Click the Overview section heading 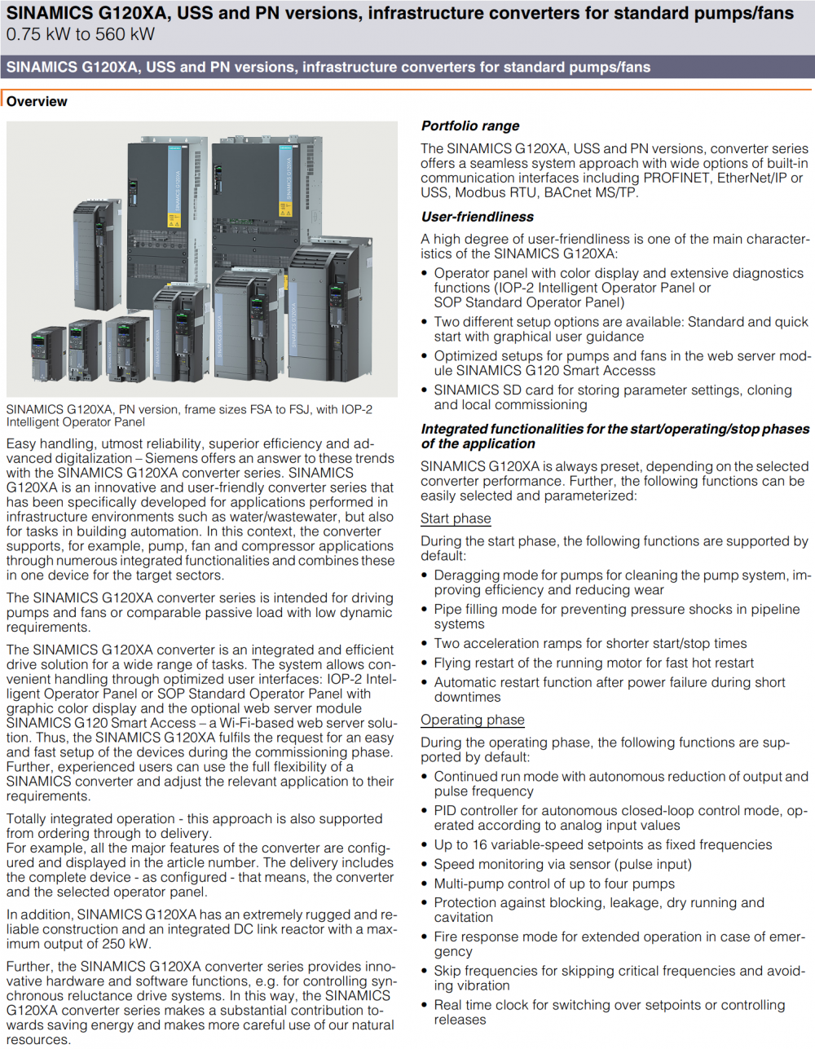click(x=37, y=102)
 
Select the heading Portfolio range click(x=470, y=126)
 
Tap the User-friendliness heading click(x=478, y=217)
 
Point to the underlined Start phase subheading click(x=456, y=519)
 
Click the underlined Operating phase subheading click(x=473, y=721)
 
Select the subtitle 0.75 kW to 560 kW click(x=80, y=34)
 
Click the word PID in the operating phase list click(x=447, y=811)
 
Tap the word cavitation click(x=464, y=918)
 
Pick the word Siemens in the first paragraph click(x=172, y=459)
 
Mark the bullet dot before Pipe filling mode click(x=425, y=610)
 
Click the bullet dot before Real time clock click(x=425, y=1006)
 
